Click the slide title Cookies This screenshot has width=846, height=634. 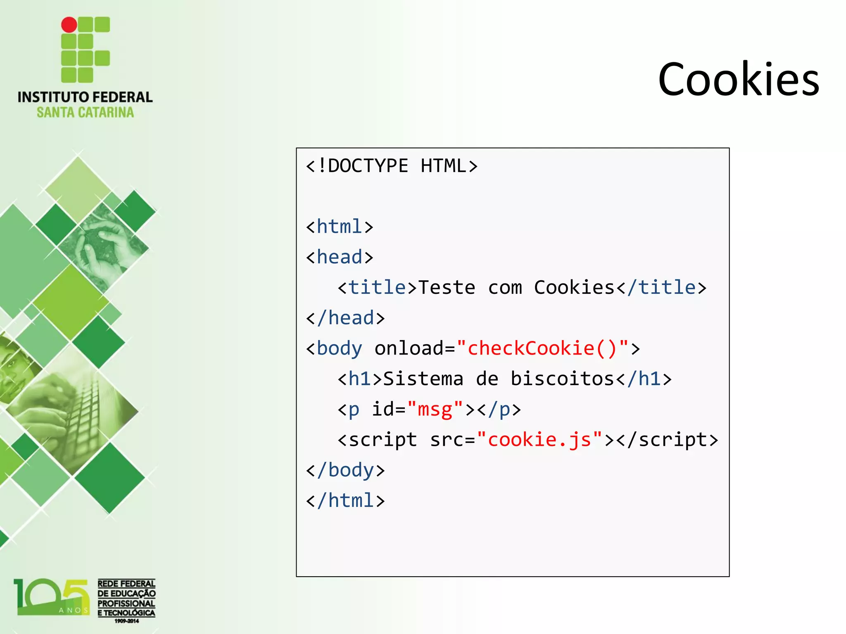pos(739,79)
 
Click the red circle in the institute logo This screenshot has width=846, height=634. pos(69,25)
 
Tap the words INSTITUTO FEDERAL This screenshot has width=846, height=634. pos(85,97)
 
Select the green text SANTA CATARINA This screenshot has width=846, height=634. pos(85,112)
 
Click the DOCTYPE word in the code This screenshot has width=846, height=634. pos(368,166)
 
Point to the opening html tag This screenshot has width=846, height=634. pos(340,227)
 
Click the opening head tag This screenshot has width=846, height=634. pos(340,257)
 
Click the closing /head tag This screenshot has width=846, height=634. pos(345,318)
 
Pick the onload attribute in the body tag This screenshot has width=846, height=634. pos(409,348)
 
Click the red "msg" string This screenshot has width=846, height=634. pos(435,409)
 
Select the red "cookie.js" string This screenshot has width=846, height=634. pos(539,440)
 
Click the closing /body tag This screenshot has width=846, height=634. pos(345,470)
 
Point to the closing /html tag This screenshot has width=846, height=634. pos(345,501)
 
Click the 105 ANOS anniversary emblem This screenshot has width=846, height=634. pos(52,597)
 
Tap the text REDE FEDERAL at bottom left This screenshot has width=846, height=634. pos(126,584)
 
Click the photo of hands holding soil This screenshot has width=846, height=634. pos(103,244)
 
